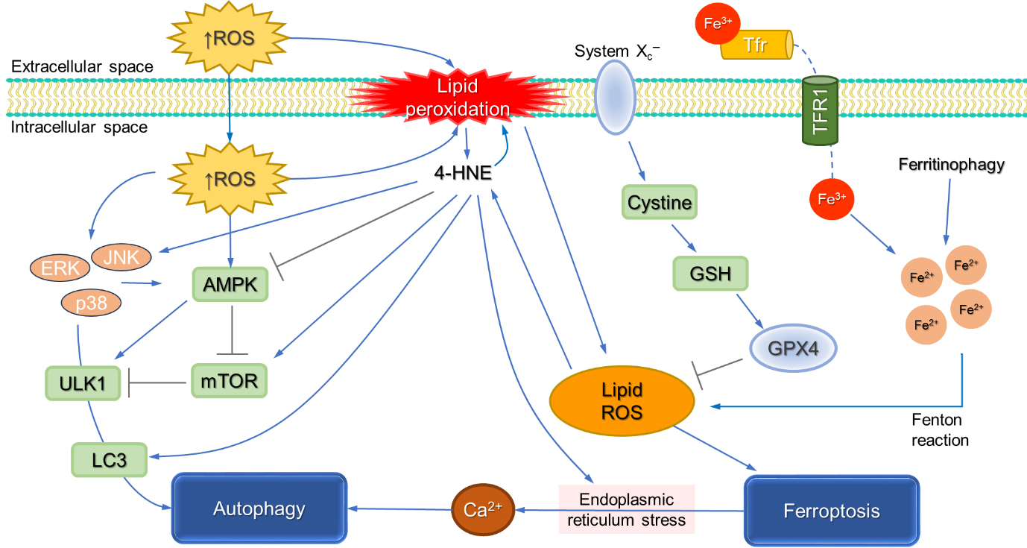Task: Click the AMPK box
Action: [x=230, y=285]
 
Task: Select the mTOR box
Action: [x=229, y=381]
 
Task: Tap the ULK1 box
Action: [x=83, y=383]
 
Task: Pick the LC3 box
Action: [x=110, y=460]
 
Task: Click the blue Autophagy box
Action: [x=259, y=508]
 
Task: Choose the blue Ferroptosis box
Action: [x=832, y=511]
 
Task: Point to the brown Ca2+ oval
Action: [x=484, y=510]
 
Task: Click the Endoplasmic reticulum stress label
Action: [x=626, y=510]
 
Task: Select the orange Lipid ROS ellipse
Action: [x=622, y=401]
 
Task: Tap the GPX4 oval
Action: [x=792, y=347]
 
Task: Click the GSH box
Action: [x=710, y=274]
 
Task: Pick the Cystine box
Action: [x=660, y=202]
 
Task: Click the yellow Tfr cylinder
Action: [x=757, y=45]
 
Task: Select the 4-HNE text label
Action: [x=462, y=174]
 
